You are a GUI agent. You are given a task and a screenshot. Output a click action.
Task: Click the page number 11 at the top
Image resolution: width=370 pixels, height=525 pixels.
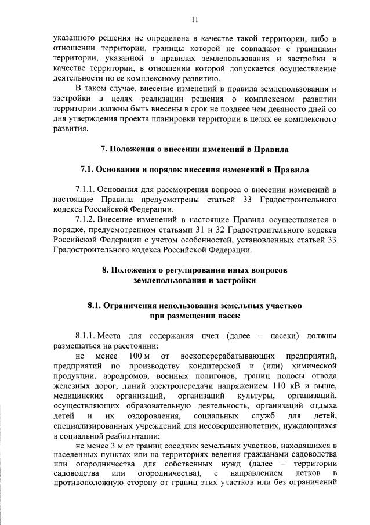194,20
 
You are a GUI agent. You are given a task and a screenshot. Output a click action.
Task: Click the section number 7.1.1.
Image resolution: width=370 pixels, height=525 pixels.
85,189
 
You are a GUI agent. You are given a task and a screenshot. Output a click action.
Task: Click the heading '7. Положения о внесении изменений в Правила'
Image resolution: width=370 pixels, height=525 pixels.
194,149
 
